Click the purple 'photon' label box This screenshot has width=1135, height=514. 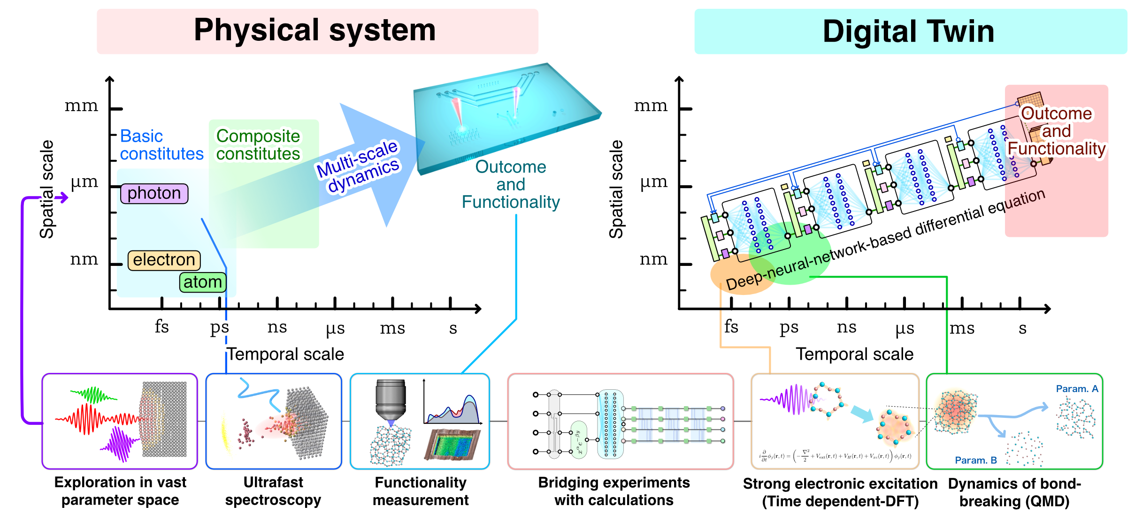154,193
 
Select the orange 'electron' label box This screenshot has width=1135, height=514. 164,260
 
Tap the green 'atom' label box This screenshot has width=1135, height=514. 203,282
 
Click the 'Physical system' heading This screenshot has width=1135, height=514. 315,30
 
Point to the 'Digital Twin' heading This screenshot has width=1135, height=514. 908,31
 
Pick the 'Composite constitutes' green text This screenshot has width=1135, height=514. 258,144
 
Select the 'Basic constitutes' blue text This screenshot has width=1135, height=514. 161,144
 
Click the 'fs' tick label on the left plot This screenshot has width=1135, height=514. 161,326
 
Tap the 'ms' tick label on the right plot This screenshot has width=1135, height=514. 962,328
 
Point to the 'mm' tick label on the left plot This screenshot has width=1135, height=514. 81,106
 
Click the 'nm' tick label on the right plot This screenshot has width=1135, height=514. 653,259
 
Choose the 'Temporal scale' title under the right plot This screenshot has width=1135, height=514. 854,354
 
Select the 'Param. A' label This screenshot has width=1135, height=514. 1077,389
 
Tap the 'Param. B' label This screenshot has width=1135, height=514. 975,460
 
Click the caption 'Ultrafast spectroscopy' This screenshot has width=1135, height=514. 273,491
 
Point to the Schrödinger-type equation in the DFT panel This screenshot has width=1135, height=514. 835,456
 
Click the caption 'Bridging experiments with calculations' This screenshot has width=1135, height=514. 614,491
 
